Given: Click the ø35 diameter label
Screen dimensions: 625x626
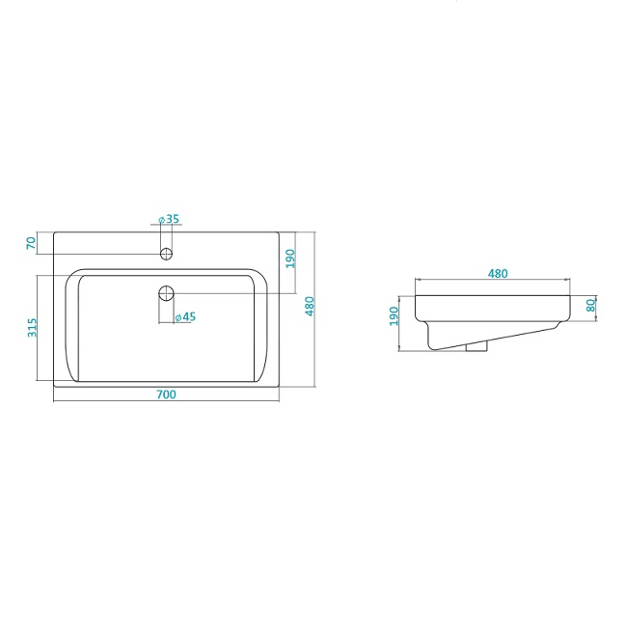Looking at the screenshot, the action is pyautogui.click(x=169, y=219).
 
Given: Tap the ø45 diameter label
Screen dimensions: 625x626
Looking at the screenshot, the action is pyautogui.click(x=185, y=317).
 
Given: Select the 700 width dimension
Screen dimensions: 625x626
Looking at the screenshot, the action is pyautogui.click(x=166, y=395).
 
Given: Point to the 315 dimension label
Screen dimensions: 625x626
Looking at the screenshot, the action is pyautogui.click(x=32, y=327).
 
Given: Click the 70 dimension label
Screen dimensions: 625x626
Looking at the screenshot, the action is pyautogui.click(x=31, y=243).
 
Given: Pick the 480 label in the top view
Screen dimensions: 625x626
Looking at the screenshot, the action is pyautogui.click(x=310, y=306).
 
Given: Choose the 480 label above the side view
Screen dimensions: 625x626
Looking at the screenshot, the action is pyautogui.click(x=498, y=274).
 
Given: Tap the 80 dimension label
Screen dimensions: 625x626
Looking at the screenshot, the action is pyautogui.click(x=590, y=306).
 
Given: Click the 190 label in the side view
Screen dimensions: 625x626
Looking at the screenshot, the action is pyautogui.click(x=394, y=316).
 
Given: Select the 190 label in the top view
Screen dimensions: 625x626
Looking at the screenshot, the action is pyautogui.click(x=290, y=259).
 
